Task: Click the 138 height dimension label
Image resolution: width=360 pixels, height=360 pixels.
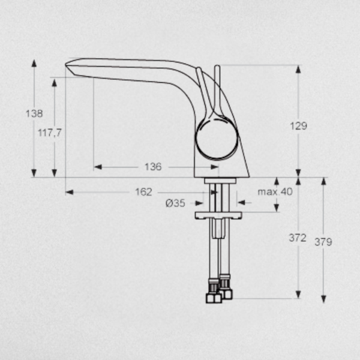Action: pyautogui.click(x=34, y=113)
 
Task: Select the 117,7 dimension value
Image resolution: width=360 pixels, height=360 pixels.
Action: pyautogui.click(x=50, y=133)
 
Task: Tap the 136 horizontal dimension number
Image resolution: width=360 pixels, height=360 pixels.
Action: pyautogui.click(x=153, y=167)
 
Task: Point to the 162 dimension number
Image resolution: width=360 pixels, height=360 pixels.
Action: pyautogui.click(x=143, y=192)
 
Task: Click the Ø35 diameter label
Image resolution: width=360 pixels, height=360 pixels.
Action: pyautogui.click(x=175, y=203)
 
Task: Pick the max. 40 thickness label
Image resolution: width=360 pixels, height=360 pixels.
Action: pyautogui.click(x=275, y=191)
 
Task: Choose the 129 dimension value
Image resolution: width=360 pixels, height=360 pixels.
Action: pyautogui.click(x=298, y=126)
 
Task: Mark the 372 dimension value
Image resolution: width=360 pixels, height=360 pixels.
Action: pyautogui.click(x=298, y=238)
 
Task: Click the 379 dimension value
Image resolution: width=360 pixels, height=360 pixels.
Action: pyautogui.click(x=323, y=242)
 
